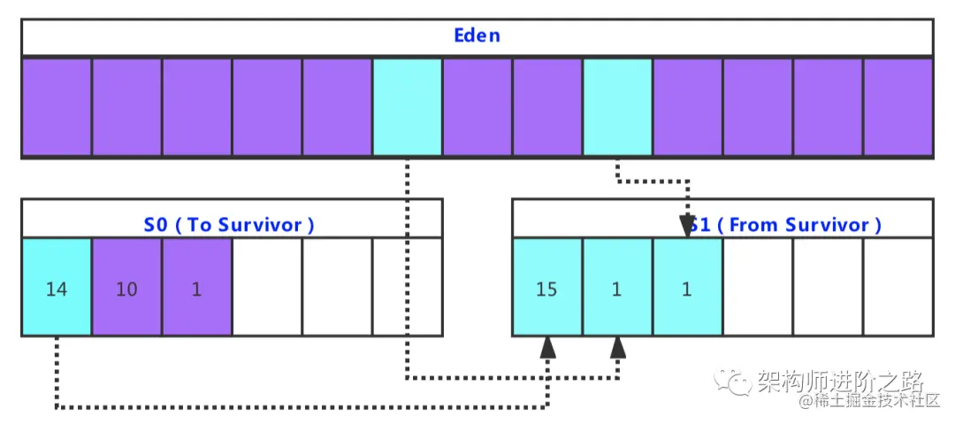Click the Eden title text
click(x=477, y=36)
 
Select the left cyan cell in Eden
click(x=407, y=107)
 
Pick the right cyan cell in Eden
click(x=617, y=107)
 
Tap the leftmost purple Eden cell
click(x=57, y=107)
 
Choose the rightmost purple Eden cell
click(x=898, y=107)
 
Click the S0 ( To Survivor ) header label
click(x=229, y=225)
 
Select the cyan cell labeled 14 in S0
click(x=57, y=289)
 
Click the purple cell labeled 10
click(x=126, y=289)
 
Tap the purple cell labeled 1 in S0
click(x=196, y=289)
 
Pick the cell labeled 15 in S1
click(x=546, y=289)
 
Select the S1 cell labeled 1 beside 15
click(x=617, y=289)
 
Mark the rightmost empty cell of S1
click(x=898, y=289)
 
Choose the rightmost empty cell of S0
click(x=407, y=289)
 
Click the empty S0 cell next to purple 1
click(x=267, y=289)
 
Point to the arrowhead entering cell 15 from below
click(x=548, y=346)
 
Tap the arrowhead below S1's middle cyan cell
click(x=618, y=346)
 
